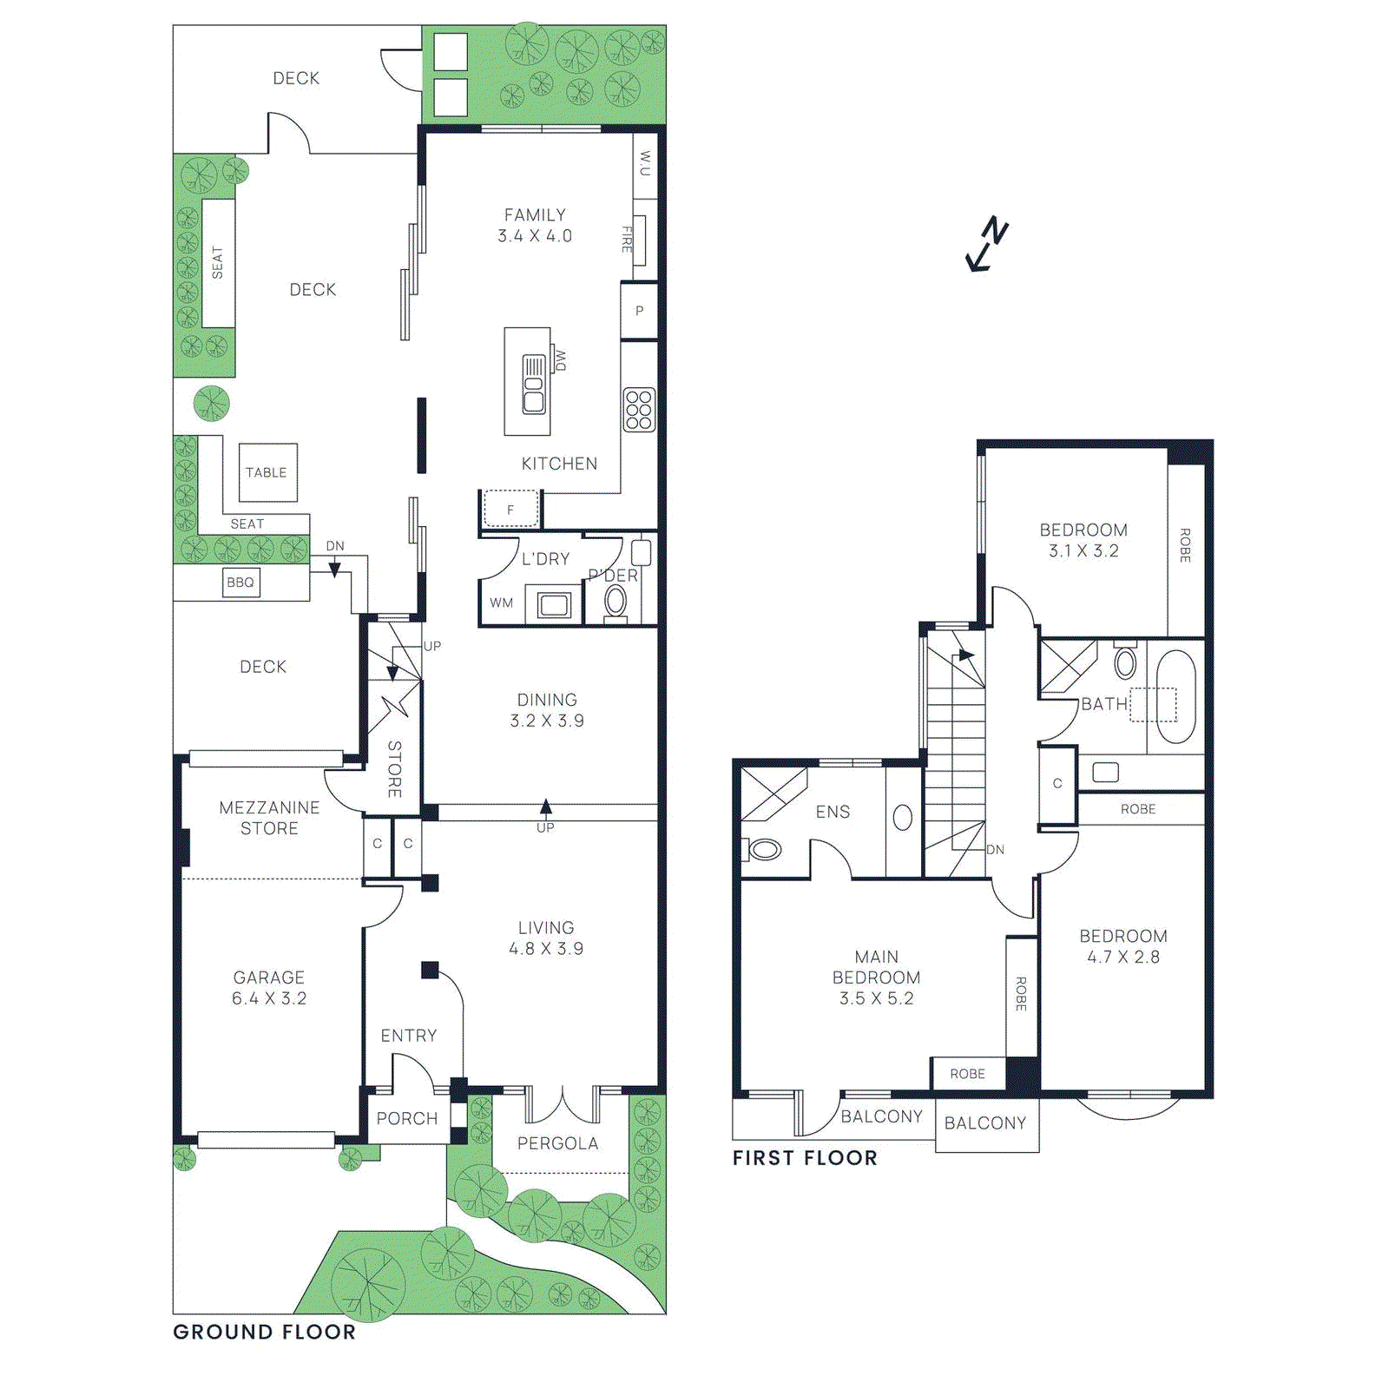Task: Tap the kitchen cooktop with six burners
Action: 639,410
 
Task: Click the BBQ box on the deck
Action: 240,583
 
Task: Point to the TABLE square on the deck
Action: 267,472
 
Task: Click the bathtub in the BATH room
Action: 1176,696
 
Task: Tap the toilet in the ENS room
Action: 763,848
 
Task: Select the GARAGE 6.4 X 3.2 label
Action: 269,988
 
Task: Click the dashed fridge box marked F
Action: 510,510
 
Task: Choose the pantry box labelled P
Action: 639,311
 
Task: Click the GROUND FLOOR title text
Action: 265,1332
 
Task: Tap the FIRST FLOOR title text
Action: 805,1157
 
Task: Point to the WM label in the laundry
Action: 502,602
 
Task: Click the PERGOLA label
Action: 557,1143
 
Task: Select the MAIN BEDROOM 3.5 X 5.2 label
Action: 876,978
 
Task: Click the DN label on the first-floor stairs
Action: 995,850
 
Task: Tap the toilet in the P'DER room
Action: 616,601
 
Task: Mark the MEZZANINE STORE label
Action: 269,818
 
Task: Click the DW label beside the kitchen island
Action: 560,360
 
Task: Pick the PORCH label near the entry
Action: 407,1118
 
